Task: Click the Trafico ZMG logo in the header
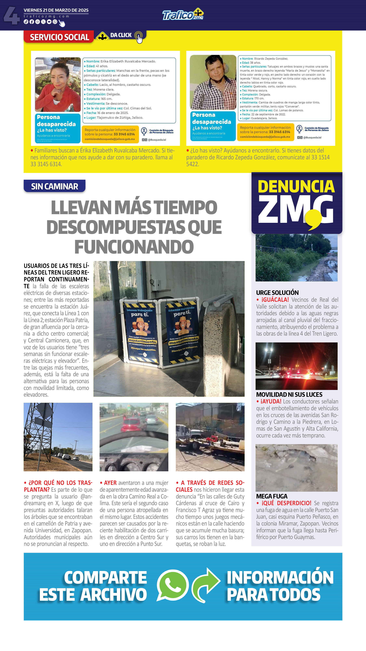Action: point(183,15)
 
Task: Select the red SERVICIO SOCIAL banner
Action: point(59,37)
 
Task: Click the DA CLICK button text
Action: point(121,35)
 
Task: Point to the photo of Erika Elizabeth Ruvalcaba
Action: point(58,85)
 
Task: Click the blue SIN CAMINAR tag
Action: point(54,186)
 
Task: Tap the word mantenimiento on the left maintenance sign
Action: point(142,341)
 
